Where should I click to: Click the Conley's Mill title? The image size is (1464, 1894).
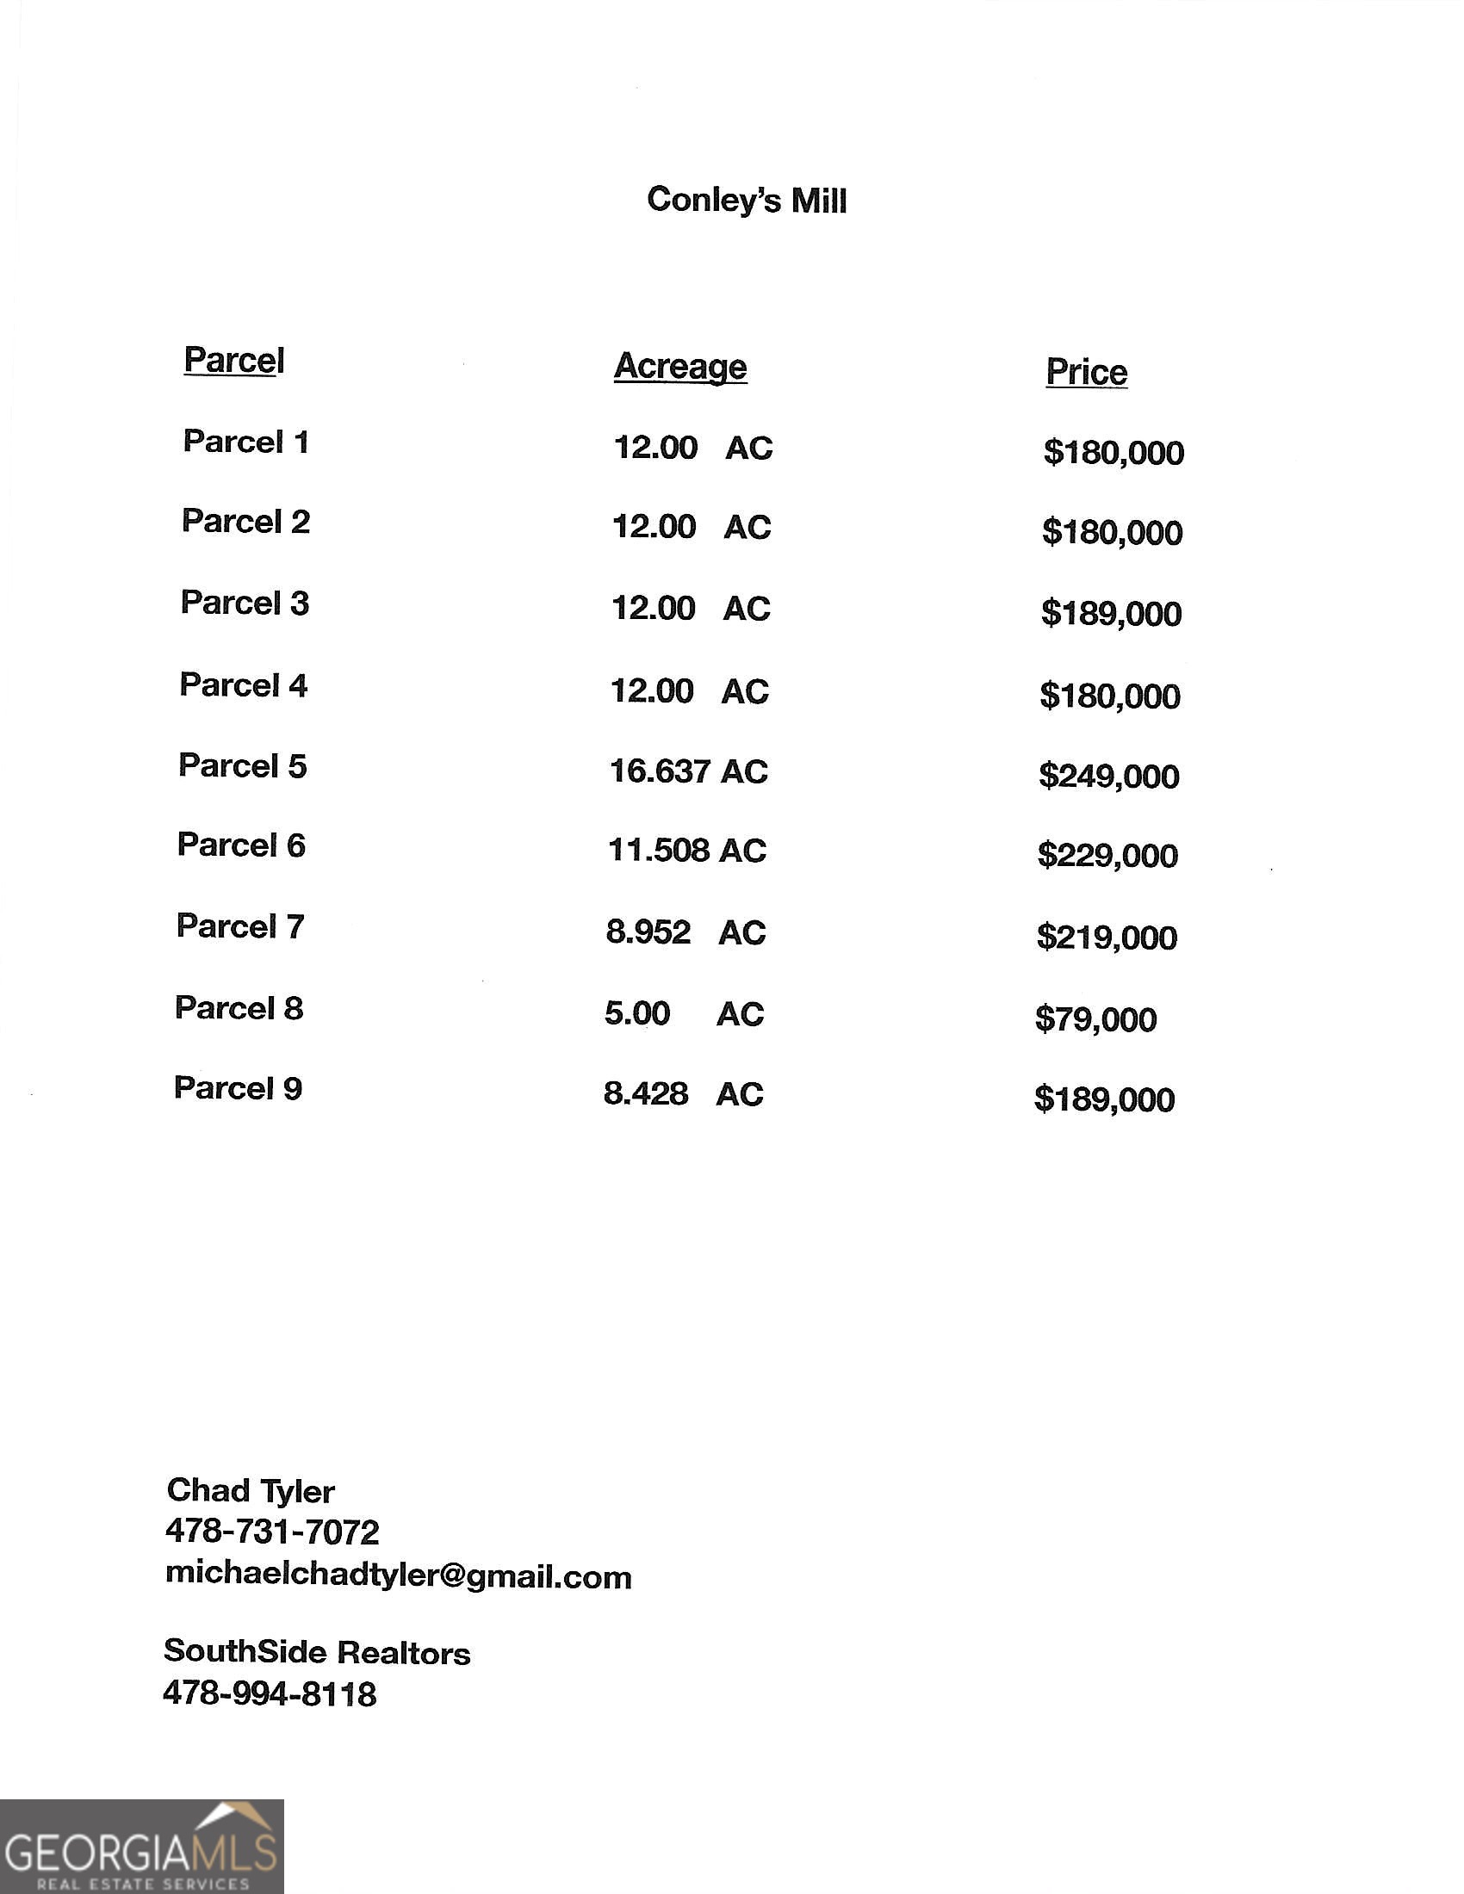coord(746,201)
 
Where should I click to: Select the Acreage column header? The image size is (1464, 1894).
coord(680,366)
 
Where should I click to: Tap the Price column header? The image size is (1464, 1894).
coord(1086,372)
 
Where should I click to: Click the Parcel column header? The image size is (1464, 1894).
coord(233,360)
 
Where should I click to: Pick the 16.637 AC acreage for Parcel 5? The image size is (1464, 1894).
coord(689,771)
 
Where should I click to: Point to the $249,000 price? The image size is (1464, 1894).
coord(1108,777)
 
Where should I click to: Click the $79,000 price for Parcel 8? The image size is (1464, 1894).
coord(1095,1019)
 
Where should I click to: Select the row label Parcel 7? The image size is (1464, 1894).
coord(240,926)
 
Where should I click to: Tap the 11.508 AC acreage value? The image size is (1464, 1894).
coord(687,851)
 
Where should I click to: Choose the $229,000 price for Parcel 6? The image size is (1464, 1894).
coord(1107,856)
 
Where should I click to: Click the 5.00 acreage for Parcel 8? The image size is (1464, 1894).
coord(637,1013)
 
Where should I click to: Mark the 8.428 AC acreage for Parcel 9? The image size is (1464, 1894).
coord(684,1093)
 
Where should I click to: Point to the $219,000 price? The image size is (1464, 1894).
coord(1107,938)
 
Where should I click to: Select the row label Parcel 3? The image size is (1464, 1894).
coord(245,603)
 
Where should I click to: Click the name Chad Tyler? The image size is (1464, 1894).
coord(250,1491)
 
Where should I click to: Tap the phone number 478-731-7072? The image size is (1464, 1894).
coord(271,1532)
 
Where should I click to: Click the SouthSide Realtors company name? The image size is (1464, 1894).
coord(317,1652)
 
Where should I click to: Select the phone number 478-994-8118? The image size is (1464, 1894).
coord(270,1693)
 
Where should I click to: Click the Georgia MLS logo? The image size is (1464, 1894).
coord(141,1846)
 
